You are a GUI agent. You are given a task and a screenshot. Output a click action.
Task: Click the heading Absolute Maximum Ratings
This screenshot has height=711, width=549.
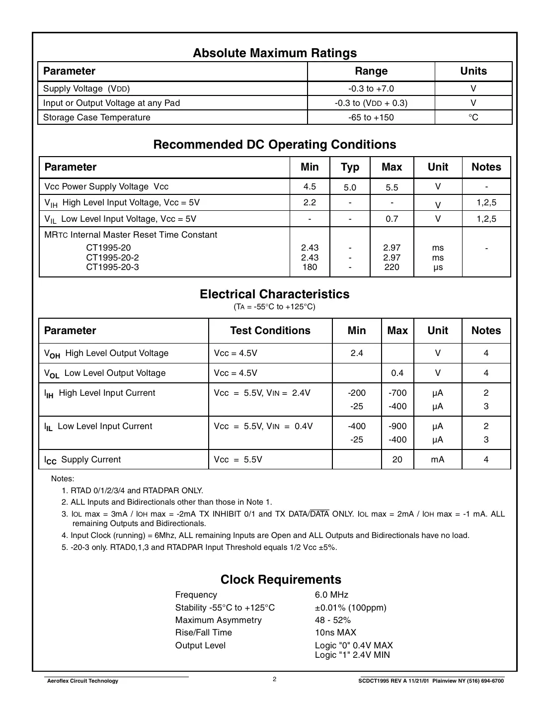coord(275,53)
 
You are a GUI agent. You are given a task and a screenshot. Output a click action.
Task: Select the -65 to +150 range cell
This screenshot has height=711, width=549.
coord(371,117)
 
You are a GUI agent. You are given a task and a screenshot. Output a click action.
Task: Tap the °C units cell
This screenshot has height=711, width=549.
coord(473,117)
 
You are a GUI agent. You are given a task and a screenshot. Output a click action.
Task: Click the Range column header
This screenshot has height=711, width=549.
coord(371,71)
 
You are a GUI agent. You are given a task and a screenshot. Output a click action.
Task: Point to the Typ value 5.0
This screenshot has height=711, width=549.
coord(350,187)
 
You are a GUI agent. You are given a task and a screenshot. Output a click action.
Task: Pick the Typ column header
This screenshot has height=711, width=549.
coord(350,167)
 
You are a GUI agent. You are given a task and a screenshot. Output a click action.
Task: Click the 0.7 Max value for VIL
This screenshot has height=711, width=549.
coord(392,219)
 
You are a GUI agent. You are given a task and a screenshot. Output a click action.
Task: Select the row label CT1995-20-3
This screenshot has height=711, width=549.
coord(112,267)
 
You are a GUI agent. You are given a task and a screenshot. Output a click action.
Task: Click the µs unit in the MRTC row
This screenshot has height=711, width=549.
coord(437,267)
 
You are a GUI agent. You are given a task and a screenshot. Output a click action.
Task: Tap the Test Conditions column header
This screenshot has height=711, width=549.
coord(270,331)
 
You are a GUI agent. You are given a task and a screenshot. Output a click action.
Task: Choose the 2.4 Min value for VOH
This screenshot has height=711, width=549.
coord(356,353)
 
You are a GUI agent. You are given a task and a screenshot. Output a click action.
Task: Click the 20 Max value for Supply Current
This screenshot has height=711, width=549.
coord(397,459)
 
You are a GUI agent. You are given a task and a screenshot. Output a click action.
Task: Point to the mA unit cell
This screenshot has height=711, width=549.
coord(437,459)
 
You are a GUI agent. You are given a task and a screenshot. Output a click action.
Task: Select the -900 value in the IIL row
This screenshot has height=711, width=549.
coord(397,426)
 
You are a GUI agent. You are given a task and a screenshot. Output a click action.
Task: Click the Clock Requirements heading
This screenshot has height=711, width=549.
coord(281,579)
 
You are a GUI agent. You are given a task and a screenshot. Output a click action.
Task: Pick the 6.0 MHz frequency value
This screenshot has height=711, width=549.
coord(331,595)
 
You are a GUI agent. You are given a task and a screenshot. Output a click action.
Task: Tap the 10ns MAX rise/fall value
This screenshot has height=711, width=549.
coord(335,632)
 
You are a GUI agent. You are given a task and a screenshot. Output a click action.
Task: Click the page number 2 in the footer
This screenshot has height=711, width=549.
coord(274,679)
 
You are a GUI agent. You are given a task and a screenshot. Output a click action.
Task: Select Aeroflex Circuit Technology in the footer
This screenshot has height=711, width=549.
coord(82,681)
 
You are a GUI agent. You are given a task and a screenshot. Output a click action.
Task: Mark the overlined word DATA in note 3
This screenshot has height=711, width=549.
coord(319,514)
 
